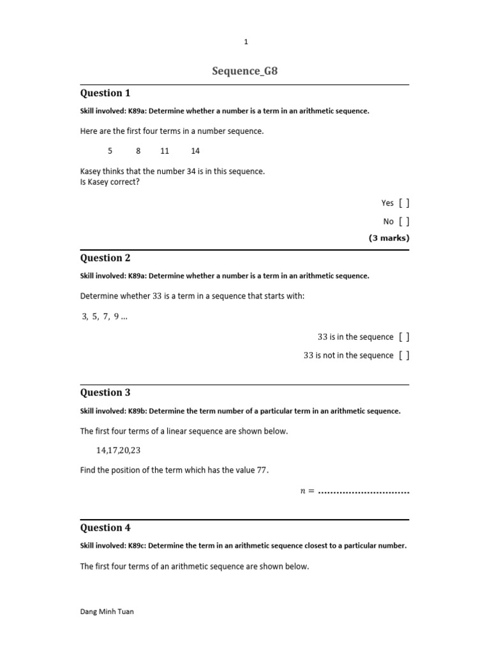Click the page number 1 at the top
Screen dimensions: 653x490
tap(246, 42)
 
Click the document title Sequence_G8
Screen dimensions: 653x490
tap(245, 71)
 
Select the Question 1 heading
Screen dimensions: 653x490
tap(105, 93)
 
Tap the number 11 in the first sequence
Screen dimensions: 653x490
tap(165, 151)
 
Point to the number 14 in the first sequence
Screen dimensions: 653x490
tap(195, 151)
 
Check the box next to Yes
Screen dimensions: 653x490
tap(404, 203)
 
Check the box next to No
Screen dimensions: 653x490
tap(404, 222)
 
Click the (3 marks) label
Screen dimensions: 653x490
tap(389, 238)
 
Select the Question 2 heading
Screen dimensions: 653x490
tap(105, 258)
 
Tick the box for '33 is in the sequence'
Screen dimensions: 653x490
tap(404, 337)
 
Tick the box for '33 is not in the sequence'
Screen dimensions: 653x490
tap(404, 356)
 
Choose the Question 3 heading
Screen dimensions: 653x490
tap(105, 393)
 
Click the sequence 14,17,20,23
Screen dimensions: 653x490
tap(119, 450)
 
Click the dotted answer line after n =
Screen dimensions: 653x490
tap(364, 492)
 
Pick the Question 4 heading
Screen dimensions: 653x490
tap(105, 528)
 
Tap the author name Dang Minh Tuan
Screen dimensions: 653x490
tap(107, 612)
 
